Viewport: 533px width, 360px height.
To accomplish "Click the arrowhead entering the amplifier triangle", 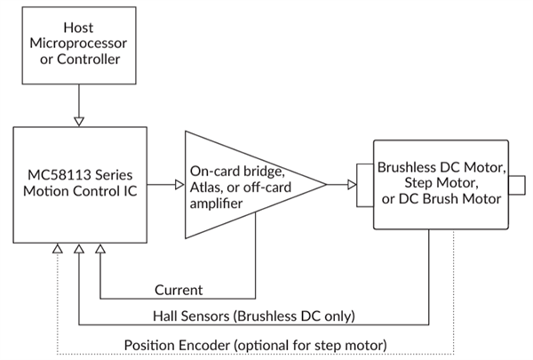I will (x=179, y=184).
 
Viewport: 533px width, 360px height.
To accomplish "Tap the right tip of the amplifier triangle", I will (x=325, y=184).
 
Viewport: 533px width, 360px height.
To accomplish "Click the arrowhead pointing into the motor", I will (x=352, y=185).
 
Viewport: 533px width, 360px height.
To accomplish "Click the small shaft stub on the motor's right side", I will (x=517, y=184).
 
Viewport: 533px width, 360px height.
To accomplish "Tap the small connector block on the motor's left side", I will (x=364, y=184).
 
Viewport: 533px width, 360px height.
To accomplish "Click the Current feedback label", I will (x=178, y=290).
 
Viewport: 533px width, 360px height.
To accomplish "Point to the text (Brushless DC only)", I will (x=298, y=316).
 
